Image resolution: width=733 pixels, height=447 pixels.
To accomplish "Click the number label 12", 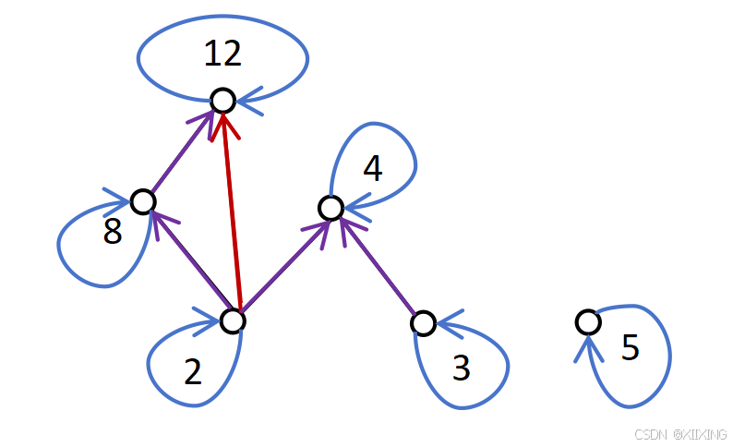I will click(x=222, y=54).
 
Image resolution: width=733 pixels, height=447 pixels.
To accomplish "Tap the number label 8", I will click(x=112, y=232).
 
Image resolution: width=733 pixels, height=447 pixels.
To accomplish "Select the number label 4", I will click(x=372, y=168).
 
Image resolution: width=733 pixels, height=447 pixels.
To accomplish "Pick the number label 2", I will click(x=192, y=371).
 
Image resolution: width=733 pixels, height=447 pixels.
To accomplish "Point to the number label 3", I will click(x=462, y=368).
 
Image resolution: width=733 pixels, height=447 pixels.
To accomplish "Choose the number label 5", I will click(x=630, y=347).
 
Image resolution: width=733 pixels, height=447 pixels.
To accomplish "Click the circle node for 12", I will click(x=222, y=100).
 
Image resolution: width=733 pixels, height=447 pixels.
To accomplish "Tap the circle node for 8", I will click(x=142, y=200).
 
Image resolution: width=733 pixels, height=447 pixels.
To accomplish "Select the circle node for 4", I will click(x=330, y=208).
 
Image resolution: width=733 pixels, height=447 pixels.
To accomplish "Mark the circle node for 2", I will click(x=233, y=320).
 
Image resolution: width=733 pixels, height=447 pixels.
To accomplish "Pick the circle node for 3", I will click(x=423, y=322).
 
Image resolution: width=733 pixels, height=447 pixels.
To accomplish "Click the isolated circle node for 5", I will click(x=587, y=321).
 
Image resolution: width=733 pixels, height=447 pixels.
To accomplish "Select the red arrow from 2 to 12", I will click(x=229, y=212).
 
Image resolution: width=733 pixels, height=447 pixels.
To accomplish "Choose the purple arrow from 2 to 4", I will click(x=282, y=264).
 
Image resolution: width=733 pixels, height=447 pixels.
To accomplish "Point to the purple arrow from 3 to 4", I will click(x=379, y=267).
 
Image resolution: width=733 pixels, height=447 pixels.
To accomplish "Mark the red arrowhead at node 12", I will click(x=222, y=120).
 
